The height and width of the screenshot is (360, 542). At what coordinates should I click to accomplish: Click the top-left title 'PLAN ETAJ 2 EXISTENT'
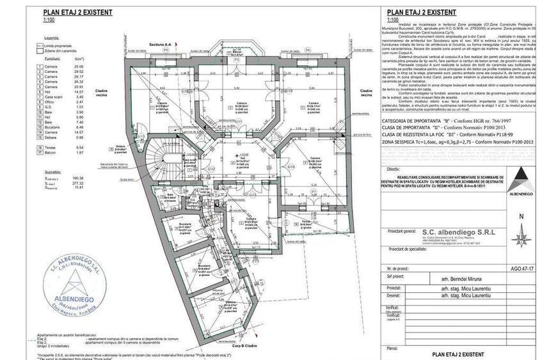point(77,12)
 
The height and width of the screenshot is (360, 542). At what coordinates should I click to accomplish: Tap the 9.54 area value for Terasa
point(79,148)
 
